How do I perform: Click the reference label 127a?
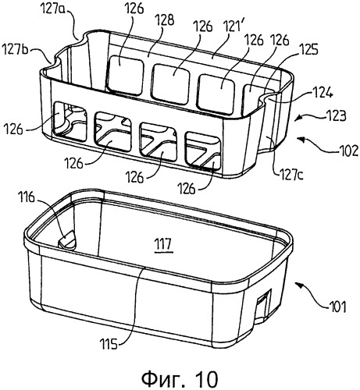pyautogui.click(x=52, y=11)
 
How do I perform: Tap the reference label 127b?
pyautogui.click(x=15, y=50)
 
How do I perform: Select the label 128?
pyautogui.click(x=164, y=20)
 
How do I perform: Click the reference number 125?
pyautogui.click(x=308, y=49)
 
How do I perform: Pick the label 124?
pyautogui.click(x=323, y=92)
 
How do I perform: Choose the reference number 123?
pyautogui.click(x=337, y=115)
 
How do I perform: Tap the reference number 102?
pyautogui.click(x=349, y=150)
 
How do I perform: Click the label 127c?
pyautogui.click(x=291, y=175)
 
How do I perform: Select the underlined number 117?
pyautogui.click(x=163, y=245)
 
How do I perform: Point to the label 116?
pyautogui.click(x=26, y=197)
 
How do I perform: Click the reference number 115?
pyautogui.click(x=109, y=344)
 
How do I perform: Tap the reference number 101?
pyautogui.click(x=337, y=307)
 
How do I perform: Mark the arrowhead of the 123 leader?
pyautogui.click(x=298, y=119)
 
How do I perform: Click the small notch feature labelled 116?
pyautogui.click(x=67, y=239)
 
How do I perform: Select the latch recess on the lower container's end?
pyautogui.click(x=263, y=303)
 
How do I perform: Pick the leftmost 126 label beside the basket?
pyautogui.click(x=13, y=129)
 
